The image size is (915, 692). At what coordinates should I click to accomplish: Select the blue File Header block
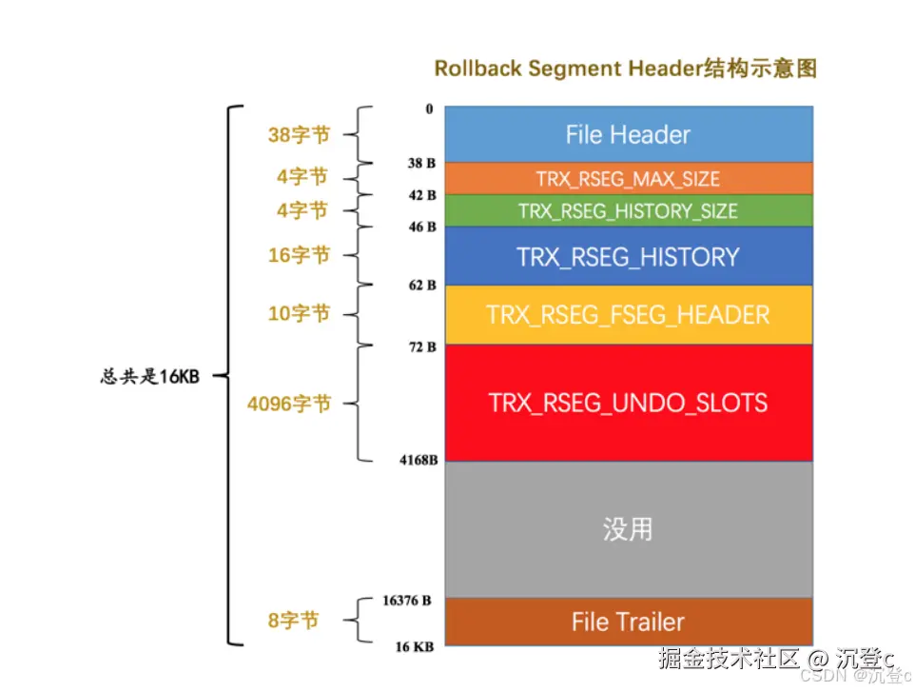(x=628, y=134)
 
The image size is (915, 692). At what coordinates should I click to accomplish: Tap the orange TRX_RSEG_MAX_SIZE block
(x=628, y=179)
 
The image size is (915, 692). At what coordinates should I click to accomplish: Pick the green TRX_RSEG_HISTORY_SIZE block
(x=628, y=210)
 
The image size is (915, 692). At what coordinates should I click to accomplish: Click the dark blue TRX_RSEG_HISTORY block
(x=628, y=256)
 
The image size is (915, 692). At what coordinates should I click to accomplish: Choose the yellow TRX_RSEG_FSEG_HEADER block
(x=628, y=314)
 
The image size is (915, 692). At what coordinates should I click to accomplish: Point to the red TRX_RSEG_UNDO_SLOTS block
(x=628, y=403)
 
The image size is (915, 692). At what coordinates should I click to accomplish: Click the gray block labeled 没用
(x=628, y=529)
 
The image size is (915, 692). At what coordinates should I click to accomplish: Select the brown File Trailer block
(x=628, y=622)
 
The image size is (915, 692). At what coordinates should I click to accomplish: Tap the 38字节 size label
(x=299, y=135)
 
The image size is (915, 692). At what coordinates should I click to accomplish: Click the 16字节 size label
(x=299, y=255)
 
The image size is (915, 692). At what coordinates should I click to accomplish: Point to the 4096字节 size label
(x=289, y=404)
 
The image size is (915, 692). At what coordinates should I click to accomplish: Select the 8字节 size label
(x=293, y=621)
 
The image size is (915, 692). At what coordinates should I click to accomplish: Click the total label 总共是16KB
(x=149, y=376)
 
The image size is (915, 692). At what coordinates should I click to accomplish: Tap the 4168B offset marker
(x=419, y=462)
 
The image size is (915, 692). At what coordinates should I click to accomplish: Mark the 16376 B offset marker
(x=406, y=601)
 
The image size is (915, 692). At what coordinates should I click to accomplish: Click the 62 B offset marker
(x=422, y=285)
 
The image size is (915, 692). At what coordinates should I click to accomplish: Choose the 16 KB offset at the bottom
(x=415, y=646)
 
